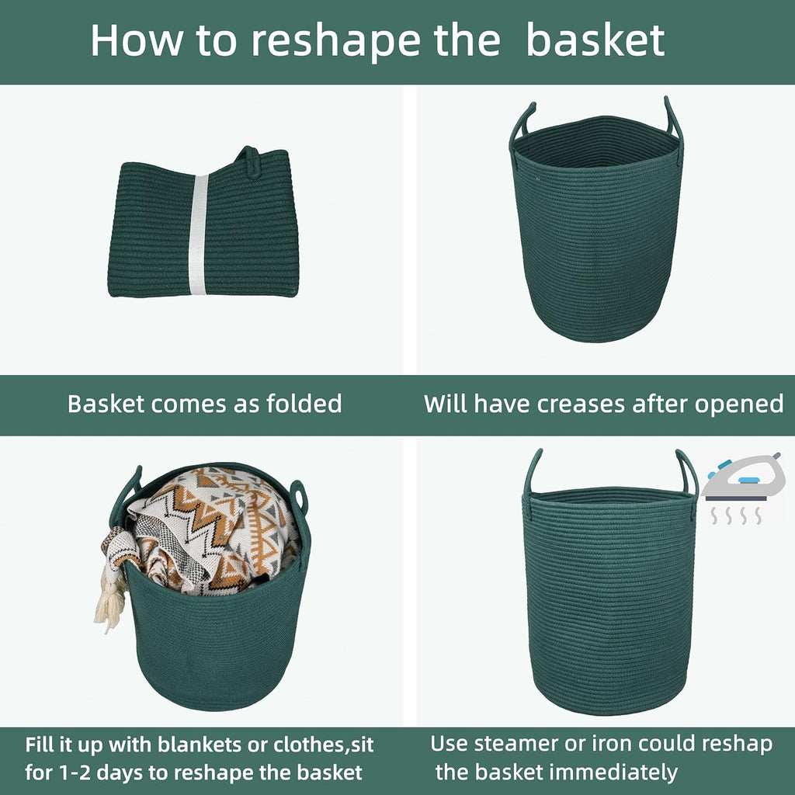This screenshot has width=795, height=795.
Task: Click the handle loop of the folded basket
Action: (x=248, y=161)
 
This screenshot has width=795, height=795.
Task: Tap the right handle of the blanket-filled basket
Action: (x=299, y=497)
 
